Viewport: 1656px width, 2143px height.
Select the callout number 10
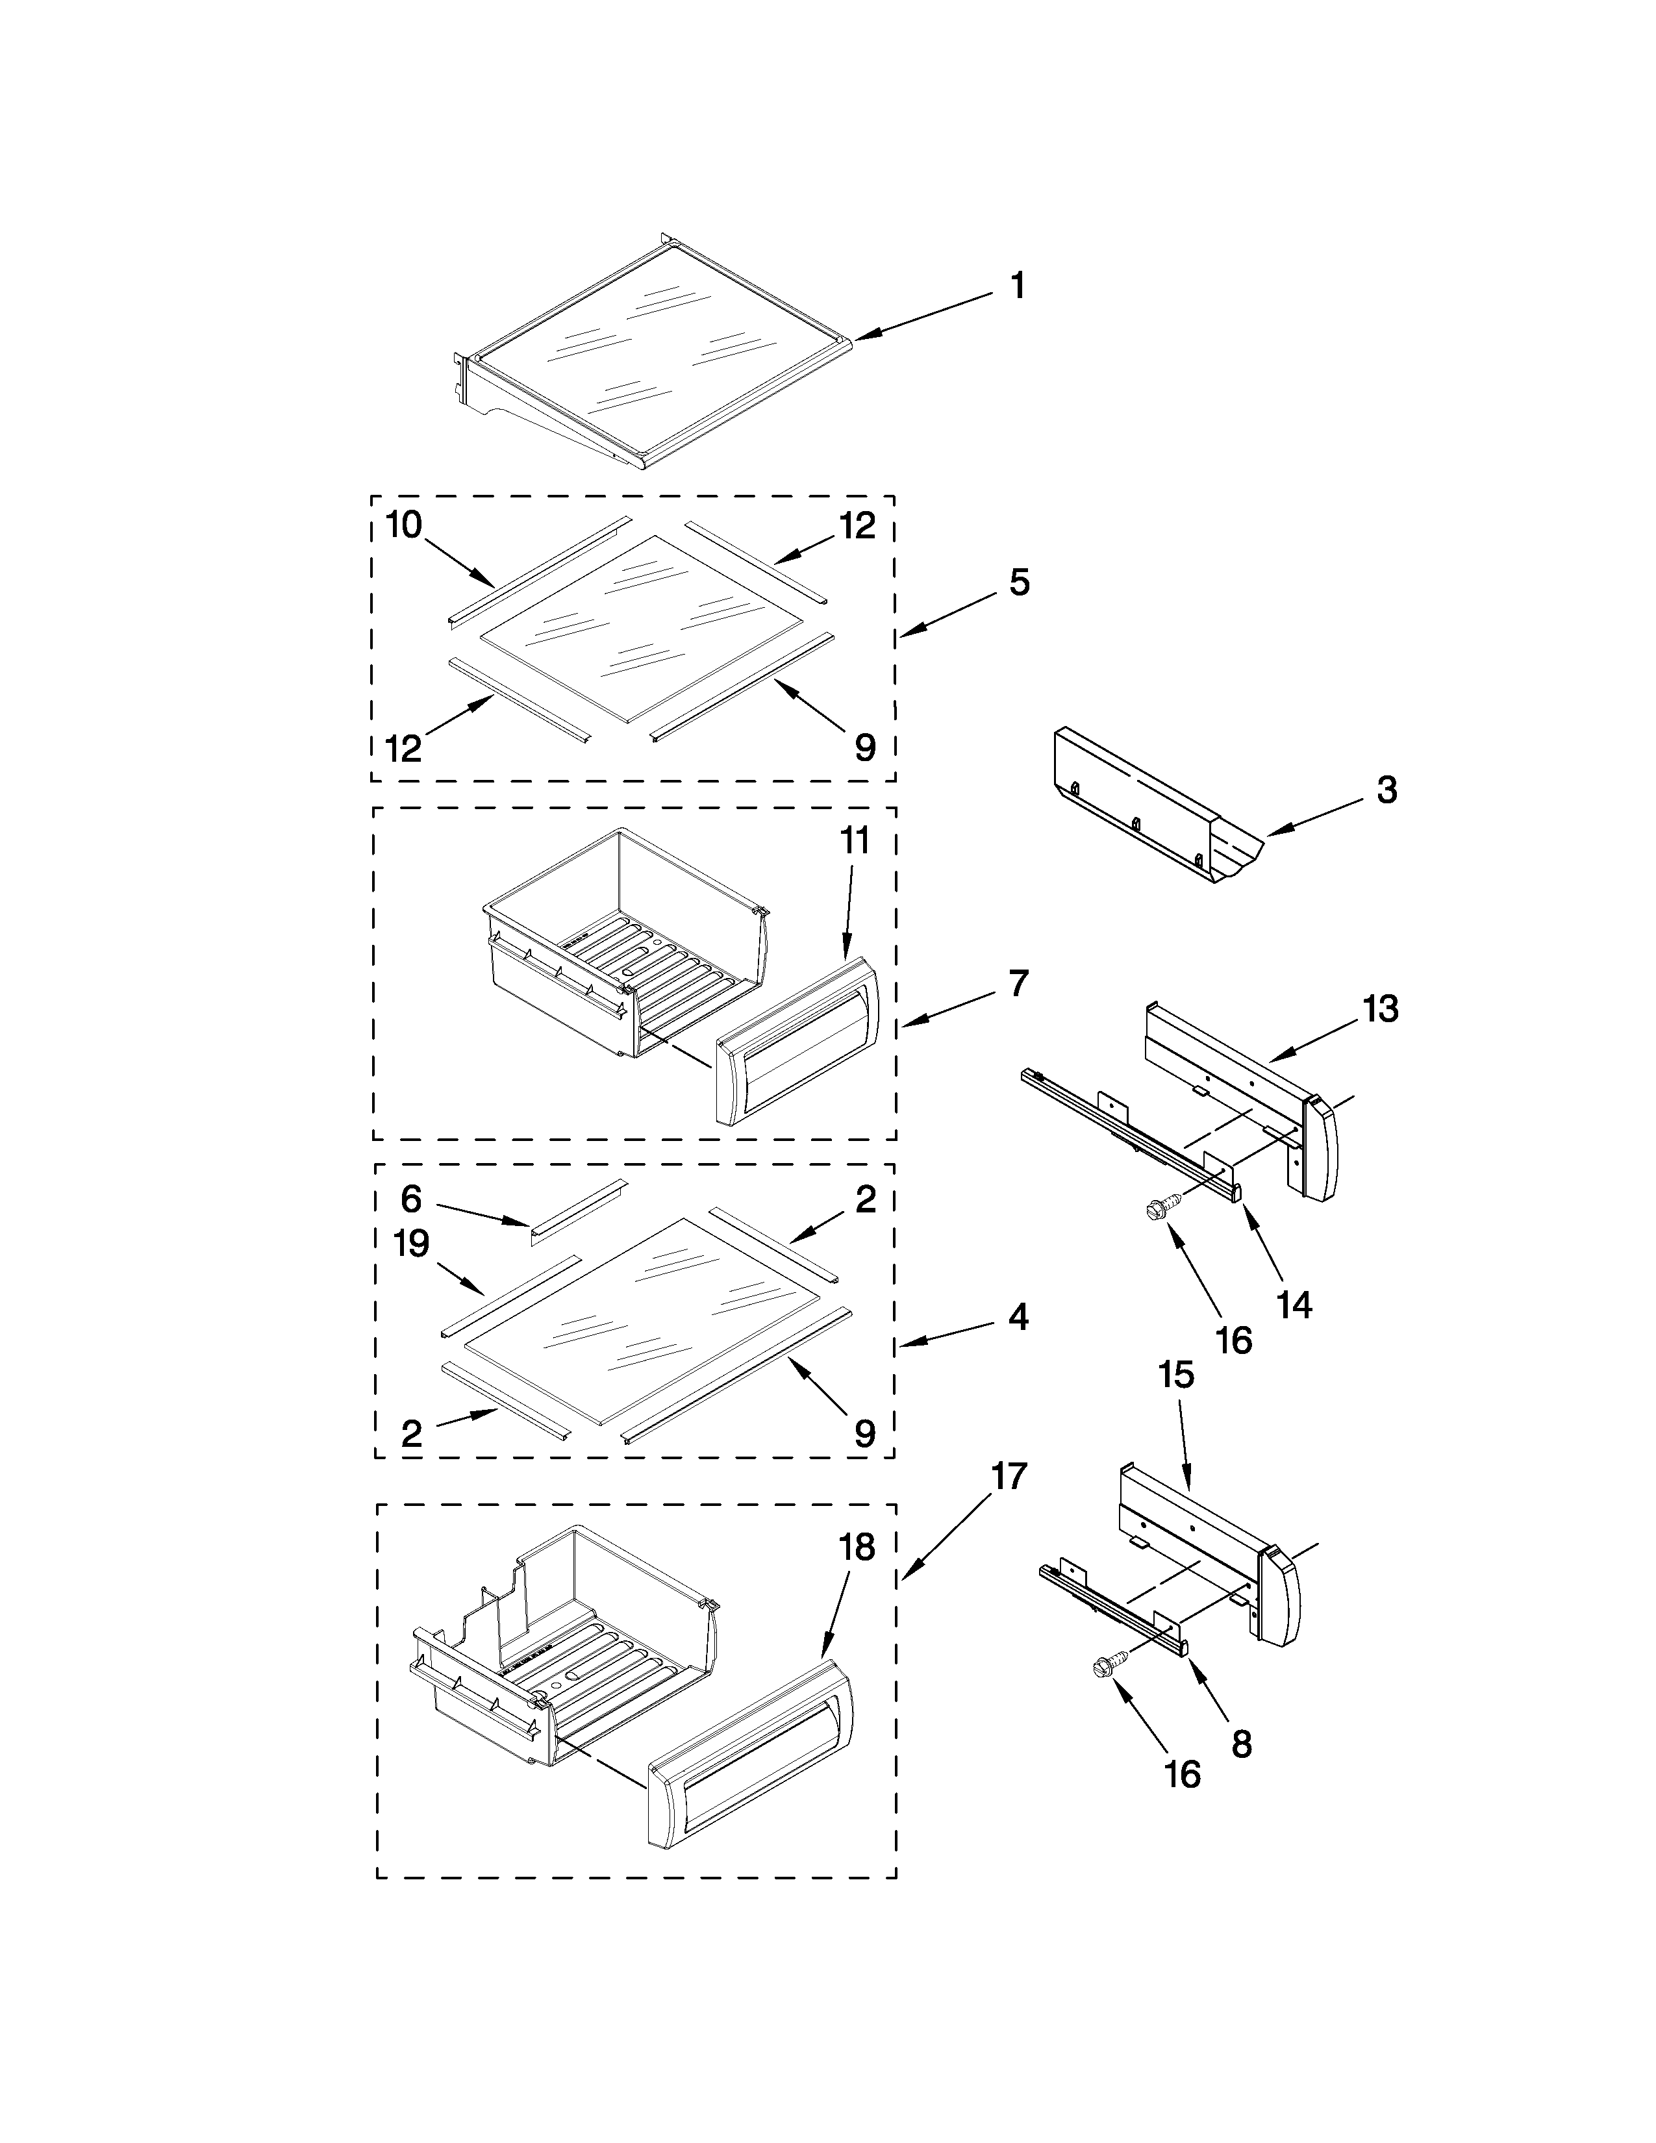point(403,526)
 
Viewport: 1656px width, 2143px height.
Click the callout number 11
point(853,842)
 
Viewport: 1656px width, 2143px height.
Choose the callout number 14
point(1295,1304)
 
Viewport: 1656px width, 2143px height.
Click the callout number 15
point(1176,1375)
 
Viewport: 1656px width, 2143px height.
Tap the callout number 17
point(1009,1503)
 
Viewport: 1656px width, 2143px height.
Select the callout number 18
point(857,1548)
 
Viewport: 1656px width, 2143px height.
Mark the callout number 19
point(412,1244)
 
